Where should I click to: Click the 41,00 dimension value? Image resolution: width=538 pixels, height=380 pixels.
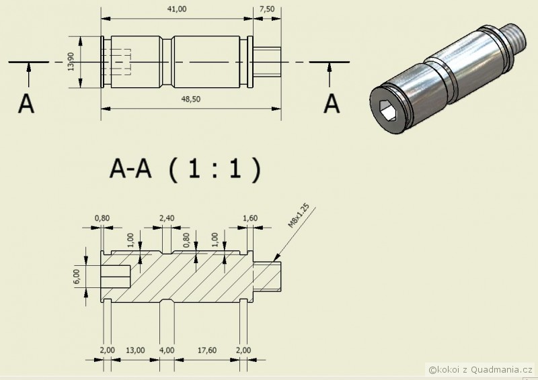coord(177,9)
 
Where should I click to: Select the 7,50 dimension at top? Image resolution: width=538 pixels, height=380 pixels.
coord(267,9)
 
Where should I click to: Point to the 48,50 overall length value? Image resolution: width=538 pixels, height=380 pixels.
coord(191,99)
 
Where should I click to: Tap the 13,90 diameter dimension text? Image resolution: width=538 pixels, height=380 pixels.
coord(71,62)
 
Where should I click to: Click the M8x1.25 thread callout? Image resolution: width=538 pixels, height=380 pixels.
coord(299,216)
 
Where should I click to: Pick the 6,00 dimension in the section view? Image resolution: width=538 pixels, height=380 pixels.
coord(76,276)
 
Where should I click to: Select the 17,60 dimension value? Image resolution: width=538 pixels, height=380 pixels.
coord(207,350)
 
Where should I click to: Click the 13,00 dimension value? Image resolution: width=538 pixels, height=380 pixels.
coord(135,350)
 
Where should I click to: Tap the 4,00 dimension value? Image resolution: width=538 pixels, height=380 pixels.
coord(167,350)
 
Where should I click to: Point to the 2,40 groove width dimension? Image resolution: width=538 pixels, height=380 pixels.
coord(167,218)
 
